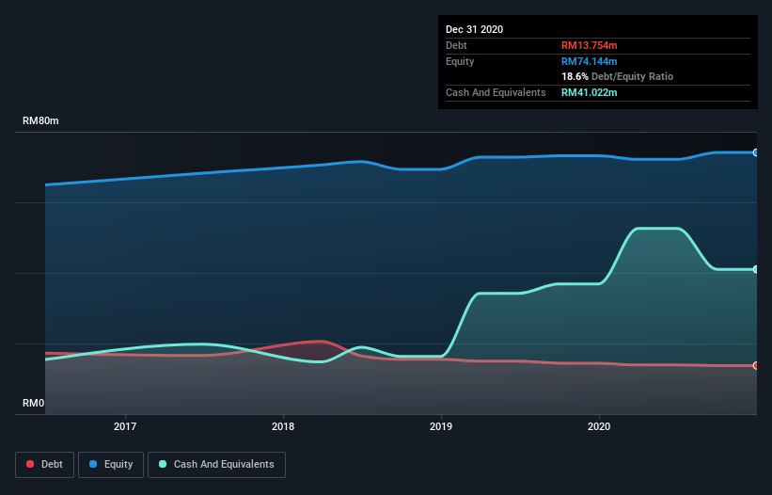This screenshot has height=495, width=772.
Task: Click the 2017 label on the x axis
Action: [124, 426]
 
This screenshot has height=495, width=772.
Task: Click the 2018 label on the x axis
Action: [282, 426]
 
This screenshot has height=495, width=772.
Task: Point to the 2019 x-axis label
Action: [440, 426]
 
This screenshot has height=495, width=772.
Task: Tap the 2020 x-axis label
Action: [598, 426]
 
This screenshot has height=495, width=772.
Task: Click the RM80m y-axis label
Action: [40, 121]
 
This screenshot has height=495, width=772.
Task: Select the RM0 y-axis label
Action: [33, 403]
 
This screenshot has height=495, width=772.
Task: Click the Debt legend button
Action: [43, 464]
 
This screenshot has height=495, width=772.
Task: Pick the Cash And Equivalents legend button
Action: [216, 464]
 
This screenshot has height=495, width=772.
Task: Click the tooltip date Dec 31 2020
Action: [474, 29]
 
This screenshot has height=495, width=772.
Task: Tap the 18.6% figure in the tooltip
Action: [575, 76]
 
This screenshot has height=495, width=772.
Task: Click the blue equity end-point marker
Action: [755, 152]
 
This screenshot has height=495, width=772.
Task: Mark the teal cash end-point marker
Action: [755, 270]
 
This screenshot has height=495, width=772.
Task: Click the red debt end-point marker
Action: [755, 365]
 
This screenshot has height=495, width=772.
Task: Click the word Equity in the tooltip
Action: [460, 61]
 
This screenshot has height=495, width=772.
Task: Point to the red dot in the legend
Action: [31, 464]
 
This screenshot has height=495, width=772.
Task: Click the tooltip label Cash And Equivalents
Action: [496, 92]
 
